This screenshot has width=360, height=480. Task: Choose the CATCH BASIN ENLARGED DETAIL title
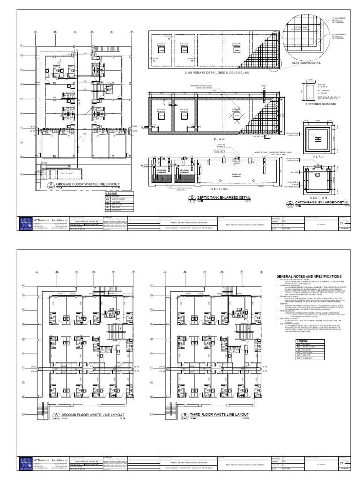tap(322, 202)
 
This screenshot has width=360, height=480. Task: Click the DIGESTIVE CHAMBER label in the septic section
tap(239, 176)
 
